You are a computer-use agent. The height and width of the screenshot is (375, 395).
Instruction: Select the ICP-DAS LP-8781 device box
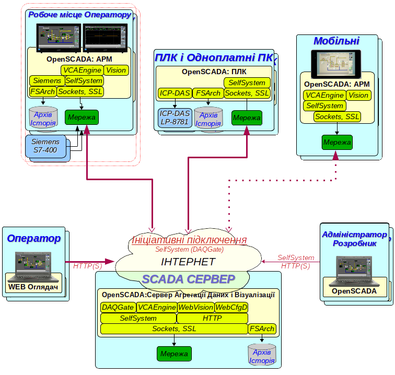click(x=175, y=118)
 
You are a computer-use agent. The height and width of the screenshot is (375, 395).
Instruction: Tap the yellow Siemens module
click(x=47, y=81)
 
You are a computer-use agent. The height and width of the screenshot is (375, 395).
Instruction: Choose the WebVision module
click(x=195, y=307)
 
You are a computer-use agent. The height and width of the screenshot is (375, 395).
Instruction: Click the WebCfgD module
click(x=231, y=307)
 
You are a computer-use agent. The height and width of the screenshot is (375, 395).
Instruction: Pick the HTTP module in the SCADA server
click(x=212, y=318)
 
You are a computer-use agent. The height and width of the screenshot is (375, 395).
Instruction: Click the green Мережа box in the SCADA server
click(x=174, y=354)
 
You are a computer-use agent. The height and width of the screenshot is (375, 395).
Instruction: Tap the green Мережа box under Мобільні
click(x=337, y=142)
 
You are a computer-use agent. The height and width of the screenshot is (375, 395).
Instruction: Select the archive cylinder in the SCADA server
click(x=262, y=355)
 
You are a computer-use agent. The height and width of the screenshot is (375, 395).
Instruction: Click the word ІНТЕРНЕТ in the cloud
click(x=188, y=262)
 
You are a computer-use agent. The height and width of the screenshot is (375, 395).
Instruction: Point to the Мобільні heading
click(x=336, y=41)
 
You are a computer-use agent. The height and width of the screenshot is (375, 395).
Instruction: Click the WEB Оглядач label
click(x=34, y=287)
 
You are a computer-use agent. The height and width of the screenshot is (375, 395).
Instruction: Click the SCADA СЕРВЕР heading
click(x=189, y=279)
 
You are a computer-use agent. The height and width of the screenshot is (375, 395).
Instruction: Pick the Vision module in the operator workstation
click(x=116, y=70)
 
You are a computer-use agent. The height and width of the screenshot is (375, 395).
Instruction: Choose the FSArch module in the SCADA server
click(x=262, y=329)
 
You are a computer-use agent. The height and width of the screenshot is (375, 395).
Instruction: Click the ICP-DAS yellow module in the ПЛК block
click(x=175, y=93)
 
